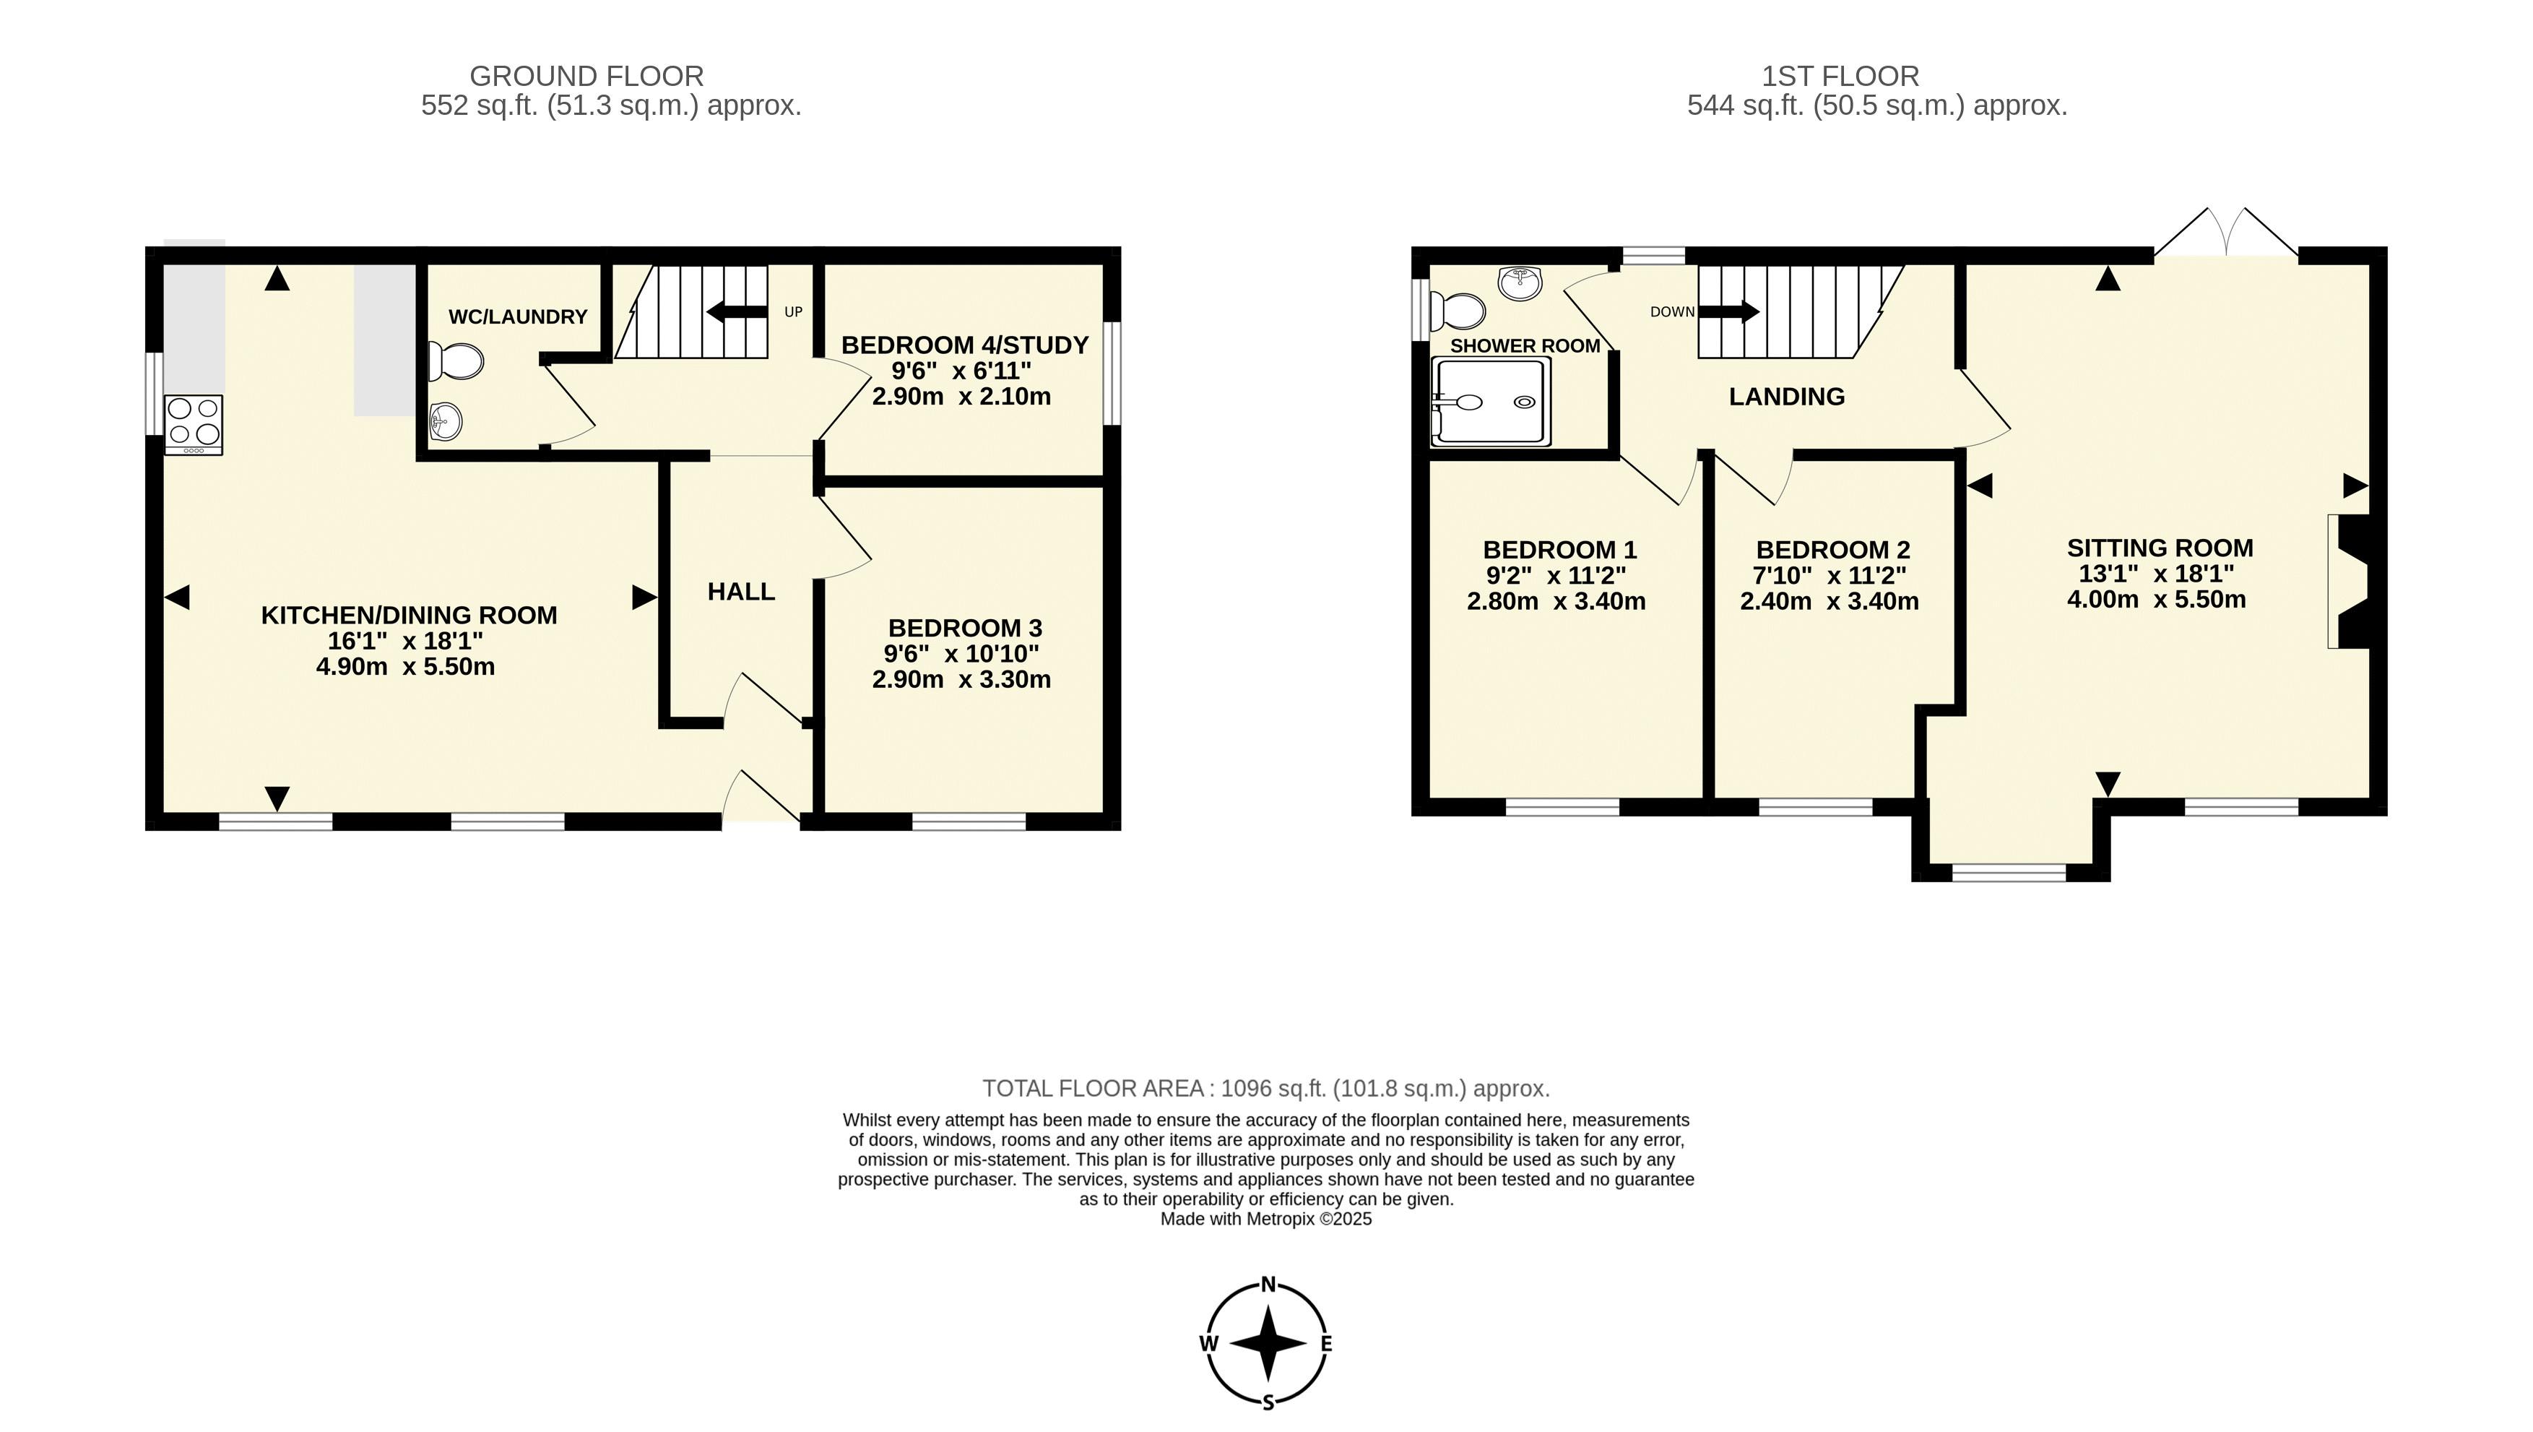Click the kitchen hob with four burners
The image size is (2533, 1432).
click(194, 425)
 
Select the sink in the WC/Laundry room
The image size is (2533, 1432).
click(446, 423)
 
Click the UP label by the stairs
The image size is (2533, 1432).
click(794, 312)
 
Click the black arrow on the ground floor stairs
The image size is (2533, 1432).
click(737, 313)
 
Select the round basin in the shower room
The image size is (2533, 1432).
click(1520, 282)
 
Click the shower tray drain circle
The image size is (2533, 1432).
click(1524, 402)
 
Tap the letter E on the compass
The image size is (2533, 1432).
click(1327, 1343)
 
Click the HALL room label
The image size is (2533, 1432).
click(742, 591)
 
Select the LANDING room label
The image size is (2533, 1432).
click(1787, 397)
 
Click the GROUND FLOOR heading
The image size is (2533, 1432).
click(587, 76)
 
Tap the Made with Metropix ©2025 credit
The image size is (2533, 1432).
click(1267, 1220)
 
